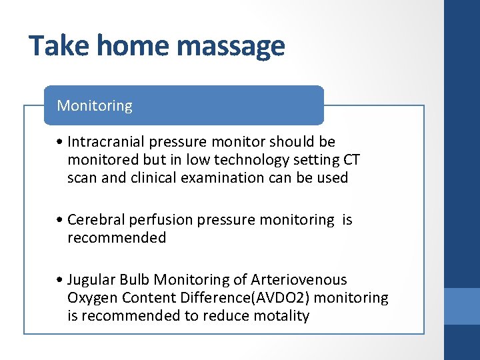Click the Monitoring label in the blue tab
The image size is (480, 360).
click(x=95, y=105)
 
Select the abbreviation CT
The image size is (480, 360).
click(x=352, y=160)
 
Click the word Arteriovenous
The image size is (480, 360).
click(x=299, y=280)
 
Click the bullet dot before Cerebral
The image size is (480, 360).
click(x=61, y=220)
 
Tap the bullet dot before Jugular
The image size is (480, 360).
click(x=61, y=280)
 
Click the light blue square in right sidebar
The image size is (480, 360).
click(x=462, y=306)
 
